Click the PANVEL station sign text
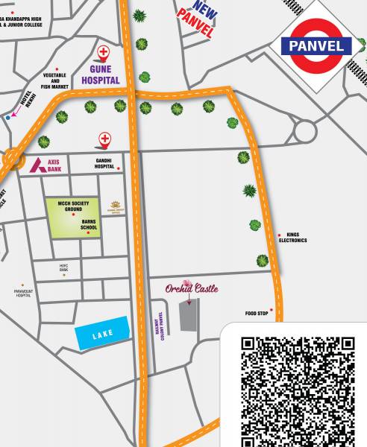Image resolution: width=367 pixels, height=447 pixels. [x=316, y=46]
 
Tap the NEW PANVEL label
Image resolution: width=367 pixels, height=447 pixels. [x=196, y=19]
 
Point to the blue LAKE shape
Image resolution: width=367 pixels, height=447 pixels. [x=102, y=334]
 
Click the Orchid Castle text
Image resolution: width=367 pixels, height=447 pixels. [x=192, y=288]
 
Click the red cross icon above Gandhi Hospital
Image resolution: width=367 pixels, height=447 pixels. [x=107, y=139]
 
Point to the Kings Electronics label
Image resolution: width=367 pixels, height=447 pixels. [x=292, y=238]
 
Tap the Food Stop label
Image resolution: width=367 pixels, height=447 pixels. [x=256, y=314]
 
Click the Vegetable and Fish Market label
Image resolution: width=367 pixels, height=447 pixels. [x=56, y=81]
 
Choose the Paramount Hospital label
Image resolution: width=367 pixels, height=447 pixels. [x=23, y=293]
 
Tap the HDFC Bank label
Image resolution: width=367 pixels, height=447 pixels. [x=63, y=267]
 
